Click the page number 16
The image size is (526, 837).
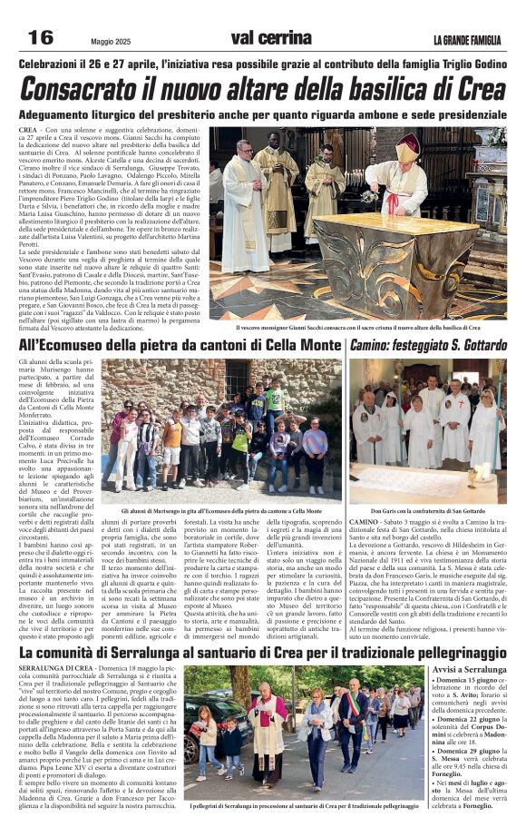point(41,37)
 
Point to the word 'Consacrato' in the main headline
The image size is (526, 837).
point(87,89)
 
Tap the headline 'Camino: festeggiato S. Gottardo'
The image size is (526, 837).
point(428,346)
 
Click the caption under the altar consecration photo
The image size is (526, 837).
point(357,328)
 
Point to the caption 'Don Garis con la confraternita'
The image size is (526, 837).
point(427,511)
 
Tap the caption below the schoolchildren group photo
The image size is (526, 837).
point(221,511)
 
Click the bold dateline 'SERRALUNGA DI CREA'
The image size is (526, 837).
point(55,668)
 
